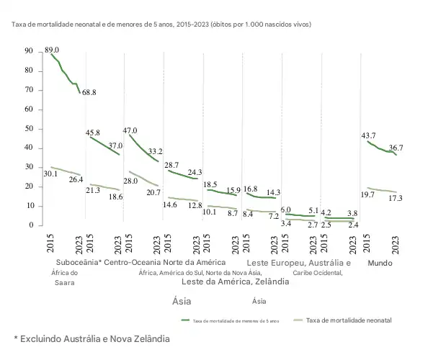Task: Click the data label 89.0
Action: [x=52, y=50]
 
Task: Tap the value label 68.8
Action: [x=89, y=93]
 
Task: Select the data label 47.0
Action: [x=130, y=130]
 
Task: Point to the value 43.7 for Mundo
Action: [x=368, y=135]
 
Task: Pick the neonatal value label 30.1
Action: [x=50, y=174]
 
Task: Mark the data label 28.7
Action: [x=171, y=165]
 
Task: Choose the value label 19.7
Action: [x=367, y=194]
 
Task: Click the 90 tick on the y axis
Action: [x=28, y=51]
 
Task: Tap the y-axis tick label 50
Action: [x=28, y=128]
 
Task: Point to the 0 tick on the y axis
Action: [x=30, y=225]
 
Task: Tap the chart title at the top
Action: [x=161, y=24]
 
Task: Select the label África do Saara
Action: [x=64, y=278]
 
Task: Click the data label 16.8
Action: [x=251, y=189]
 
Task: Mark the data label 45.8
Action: [x=92, y=133]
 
